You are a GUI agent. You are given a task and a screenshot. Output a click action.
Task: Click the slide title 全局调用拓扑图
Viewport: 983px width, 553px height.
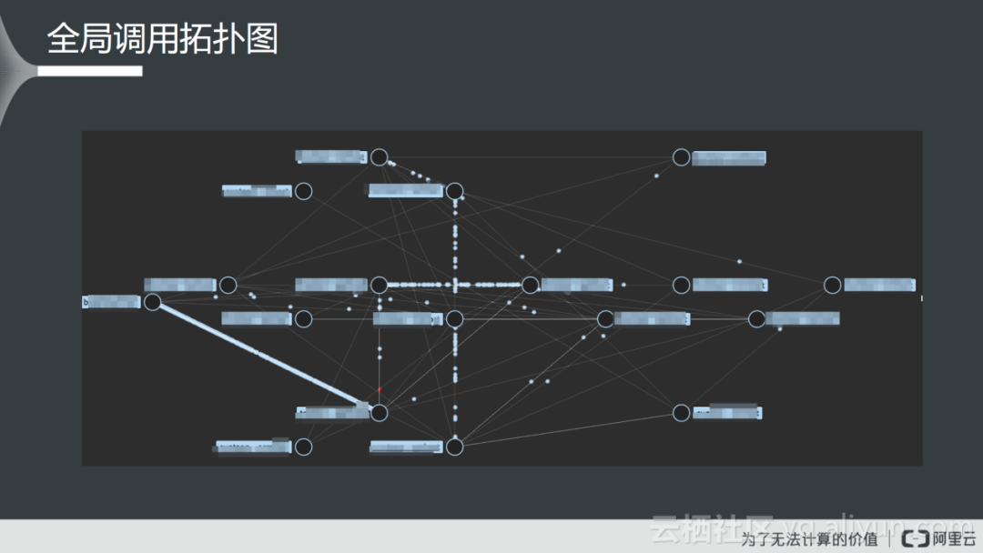[x=162, y=39]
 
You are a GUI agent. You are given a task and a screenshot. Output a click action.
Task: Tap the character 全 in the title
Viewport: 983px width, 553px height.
[x=64, y=39]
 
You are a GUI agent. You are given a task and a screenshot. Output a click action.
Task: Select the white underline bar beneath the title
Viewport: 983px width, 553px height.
[x=95, y=71]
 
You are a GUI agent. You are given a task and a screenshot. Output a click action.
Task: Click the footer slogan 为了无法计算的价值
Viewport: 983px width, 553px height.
[x=810, y=538]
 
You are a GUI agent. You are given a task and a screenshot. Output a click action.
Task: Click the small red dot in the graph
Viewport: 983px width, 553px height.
[x=380, y=389]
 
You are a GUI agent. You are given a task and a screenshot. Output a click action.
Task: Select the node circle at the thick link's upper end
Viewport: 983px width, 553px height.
[x=153, y=302]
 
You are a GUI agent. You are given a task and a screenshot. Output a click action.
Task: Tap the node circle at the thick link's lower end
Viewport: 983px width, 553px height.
[x=380, y=413]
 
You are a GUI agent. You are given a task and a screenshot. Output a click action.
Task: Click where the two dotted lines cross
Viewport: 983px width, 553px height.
[x=455, y=285]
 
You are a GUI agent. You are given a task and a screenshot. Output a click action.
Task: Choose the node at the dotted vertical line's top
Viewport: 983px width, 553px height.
[x=455, y=191]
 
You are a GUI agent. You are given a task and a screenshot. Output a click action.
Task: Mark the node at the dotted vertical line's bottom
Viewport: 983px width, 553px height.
[x=455, y=447]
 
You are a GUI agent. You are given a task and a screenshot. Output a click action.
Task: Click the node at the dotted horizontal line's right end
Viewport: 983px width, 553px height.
[x=531, y=285]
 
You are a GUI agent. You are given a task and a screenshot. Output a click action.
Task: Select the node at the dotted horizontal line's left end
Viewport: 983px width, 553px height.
[x=380, y=285]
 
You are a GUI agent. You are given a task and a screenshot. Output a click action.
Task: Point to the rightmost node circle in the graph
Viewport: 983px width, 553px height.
[x=832, y=285]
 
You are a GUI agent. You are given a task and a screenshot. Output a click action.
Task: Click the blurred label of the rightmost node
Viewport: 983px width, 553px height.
[x=878, y=285]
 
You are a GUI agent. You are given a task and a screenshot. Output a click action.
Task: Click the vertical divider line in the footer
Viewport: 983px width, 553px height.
[x=891, y=538]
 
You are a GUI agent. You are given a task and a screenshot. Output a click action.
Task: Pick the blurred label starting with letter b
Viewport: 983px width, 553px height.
[x=111, y=302]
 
